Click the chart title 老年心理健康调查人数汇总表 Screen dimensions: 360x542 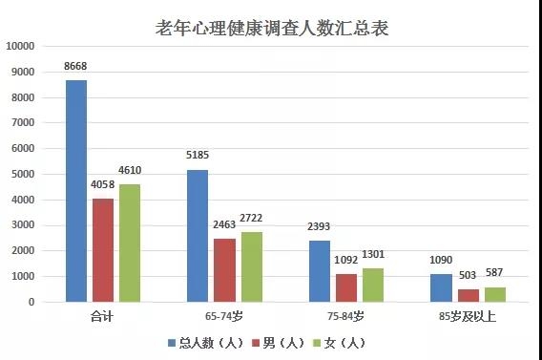click(271, 28)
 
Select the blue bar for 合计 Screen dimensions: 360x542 click(76, 191)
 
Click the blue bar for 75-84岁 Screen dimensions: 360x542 click(319, 271)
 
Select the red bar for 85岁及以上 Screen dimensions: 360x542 click(468, 295)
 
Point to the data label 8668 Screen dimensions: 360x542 click(76, 66)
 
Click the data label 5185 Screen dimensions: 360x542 click(198, 155)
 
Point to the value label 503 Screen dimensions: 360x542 click(468, 277)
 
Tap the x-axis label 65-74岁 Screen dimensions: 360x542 click(226, 316)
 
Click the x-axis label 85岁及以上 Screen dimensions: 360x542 click(469, 316)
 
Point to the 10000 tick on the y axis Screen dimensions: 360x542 click(20, 46)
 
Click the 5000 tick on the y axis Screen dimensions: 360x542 click(23, 174)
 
